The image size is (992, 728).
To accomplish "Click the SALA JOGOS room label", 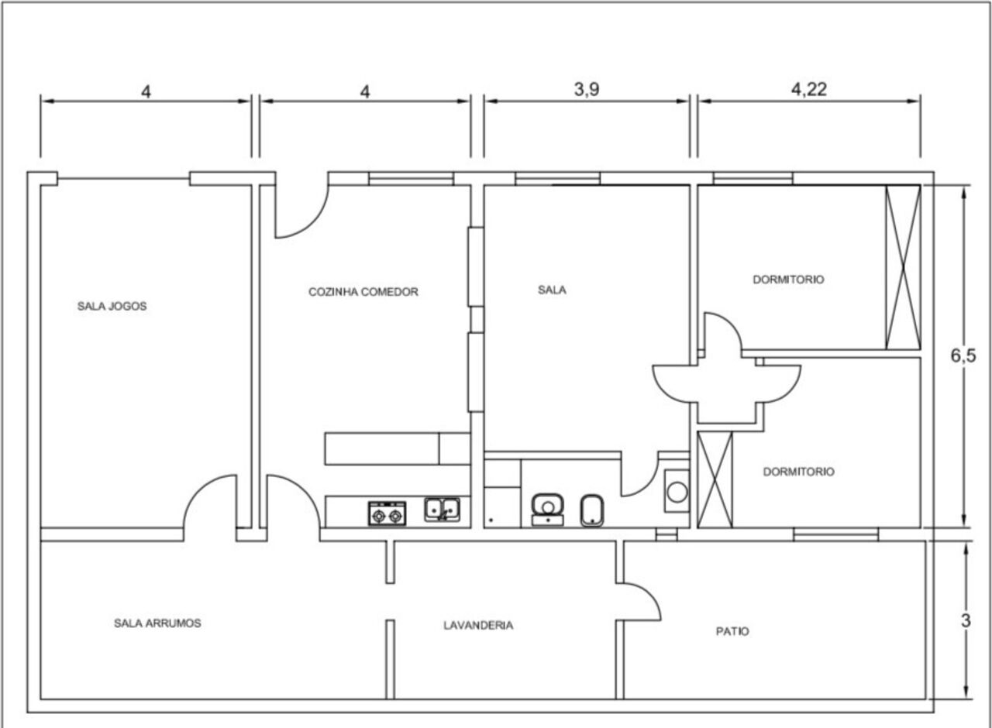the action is point(112,306).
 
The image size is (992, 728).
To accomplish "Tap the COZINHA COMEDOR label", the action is point(363,292).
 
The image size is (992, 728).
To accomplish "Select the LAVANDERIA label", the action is point(478,625).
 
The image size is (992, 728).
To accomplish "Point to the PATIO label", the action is point(732,631).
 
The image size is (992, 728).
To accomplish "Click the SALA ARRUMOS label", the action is point(157,623).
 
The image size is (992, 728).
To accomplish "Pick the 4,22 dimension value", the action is point(809,89).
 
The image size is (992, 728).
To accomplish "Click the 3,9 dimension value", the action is point(587,89).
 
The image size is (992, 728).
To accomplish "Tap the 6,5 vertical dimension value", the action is point(963,355).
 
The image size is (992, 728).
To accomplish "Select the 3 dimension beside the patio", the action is point(966,620).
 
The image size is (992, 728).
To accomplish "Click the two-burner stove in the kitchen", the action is point(387,513).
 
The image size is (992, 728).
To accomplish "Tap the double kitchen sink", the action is point(442,510).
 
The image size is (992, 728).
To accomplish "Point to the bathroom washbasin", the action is point(548,510).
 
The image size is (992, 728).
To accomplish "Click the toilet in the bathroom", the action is point(592,510).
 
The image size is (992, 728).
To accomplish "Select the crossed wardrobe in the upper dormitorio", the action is point(904,267).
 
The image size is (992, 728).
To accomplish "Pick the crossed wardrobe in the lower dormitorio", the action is point(715,479).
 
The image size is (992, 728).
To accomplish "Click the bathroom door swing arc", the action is point(648,484).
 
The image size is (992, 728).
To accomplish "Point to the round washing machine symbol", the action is point(677,492).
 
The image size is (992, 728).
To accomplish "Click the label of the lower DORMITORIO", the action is point(798,472).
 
